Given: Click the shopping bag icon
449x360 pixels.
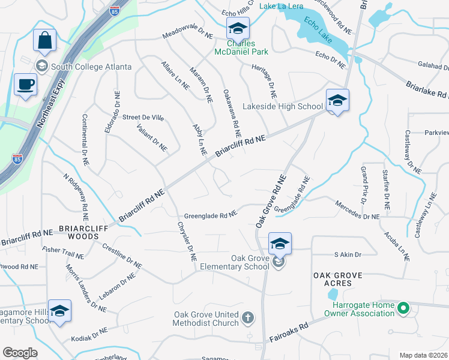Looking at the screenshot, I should pos(44,41).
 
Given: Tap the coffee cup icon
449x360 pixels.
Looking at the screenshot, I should pos(25,85).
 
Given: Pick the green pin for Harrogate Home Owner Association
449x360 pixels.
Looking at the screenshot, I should pos(403,308).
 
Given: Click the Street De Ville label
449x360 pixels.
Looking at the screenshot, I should pos(143,118).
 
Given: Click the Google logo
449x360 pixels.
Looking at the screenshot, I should pos(20,353).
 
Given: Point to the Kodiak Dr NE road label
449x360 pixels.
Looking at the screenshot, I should pos(88,335).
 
